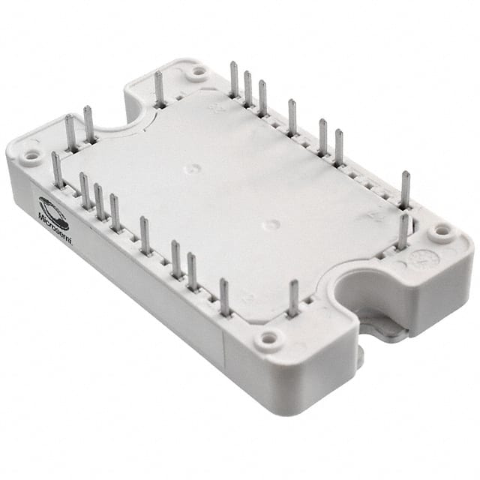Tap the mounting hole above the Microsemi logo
point(31,157)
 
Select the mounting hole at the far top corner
point(198,73)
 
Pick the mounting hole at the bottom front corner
point(268,342)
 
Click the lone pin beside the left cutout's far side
point(159,88)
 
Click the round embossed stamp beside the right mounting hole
point(413,259)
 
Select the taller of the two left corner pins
point(88,124)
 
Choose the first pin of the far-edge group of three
point(234,79)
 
